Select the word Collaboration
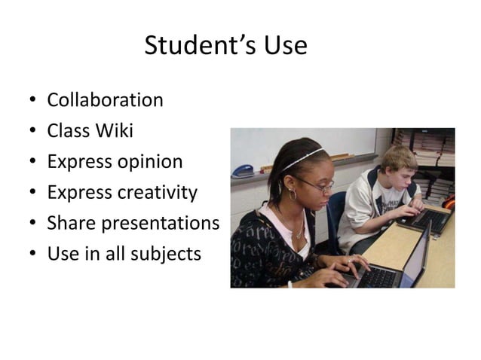tap(105, 100)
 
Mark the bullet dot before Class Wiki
tap(32, 132)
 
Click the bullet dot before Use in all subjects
tap(32, 255)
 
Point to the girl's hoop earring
tap(292, 194)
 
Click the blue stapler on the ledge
tap(243, 171)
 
